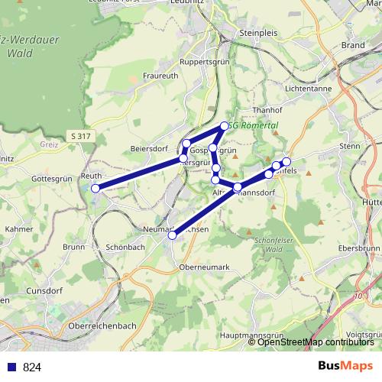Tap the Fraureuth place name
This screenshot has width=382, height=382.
click(x=160, y=76)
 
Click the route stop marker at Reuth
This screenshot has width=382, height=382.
click(x=95, y=188)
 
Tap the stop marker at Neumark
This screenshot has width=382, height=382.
click(x=172, y=236)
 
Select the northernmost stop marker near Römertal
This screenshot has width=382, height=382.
click(x=224, y=126)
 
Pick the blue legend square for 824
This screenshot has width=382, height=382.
click(x=11, y=367)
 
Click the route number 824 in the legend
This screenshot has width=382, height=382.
click(x=31, y=367)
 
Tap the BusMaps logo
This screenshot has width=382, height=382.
click(x=345, y=366)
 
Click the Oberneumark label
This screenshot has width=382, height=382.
click(x=204, y=267)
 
